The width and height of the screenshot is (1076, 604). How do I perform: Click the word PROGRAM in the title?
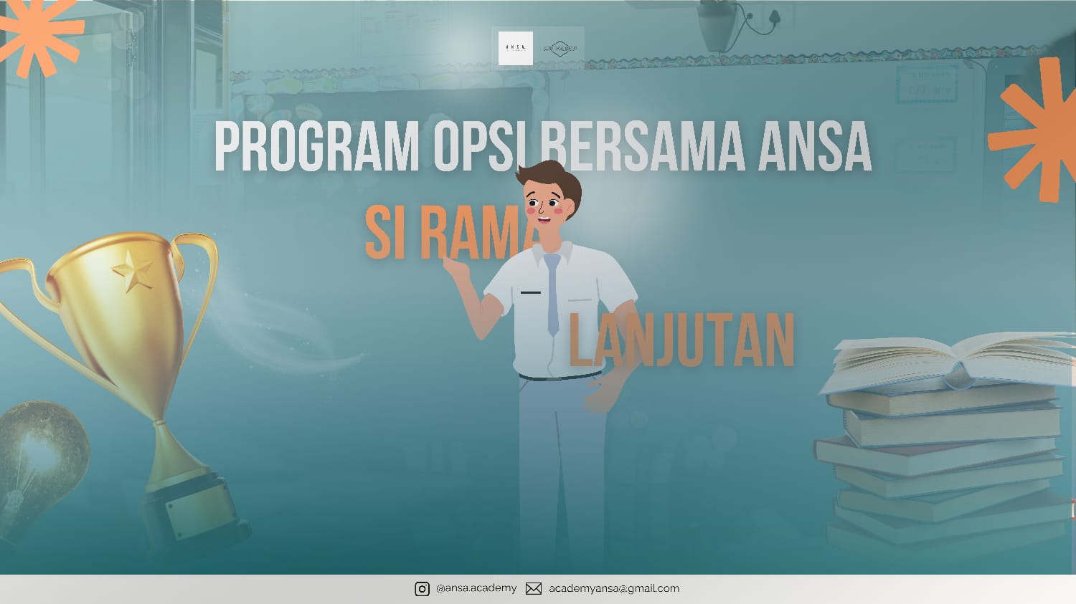(x=316, y=147)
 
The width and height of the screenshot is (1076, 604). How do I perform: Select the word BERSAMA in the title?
(x=642, y=147)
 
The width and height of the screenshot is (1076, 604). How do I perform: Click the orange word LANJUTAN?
(x=681, y=341)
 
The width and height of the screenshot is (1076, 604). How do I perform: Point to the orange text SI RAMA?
(x=448, y=233)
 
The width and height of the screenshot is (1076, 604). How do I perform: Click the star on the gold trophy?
(x=132, y=272)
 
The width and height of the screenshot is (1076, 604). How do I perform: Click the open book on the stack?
(x=947, y=358)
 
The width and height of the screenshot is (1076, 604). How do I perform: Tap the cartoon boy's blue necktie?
(x=552, y=294)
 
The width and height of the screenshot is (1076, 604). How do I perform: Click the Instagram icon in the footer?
(x=422, y=589)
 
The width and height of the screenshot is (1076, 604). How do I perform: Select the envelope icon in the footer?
(x=534, y=589)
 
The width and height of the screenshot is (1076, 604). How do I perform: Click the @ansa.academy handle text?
(x=476, y=588)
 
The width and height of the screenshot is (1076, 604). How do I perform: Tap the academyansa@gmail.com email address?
(x=614, y=588)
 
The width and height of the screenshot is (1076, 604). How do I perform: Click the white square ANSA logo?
(x=516, y=48)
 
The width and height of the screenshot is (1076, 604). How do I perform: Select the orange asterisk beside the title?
(x=1033, y=133)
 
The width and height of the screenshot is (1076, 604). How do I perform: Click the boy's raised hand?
(x=456, y=269)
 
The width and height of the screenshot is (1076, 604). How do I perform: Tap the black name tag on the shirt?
(x=531, y=292)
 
